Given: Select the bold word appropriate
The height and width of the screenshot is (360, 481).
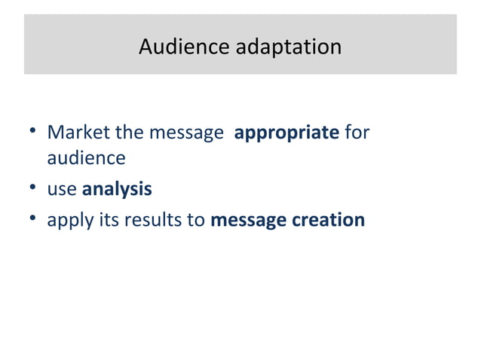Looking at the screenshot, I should (286, 134).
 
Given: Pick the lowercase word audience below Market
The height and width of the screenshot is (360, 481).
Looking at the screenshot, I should (86, 159).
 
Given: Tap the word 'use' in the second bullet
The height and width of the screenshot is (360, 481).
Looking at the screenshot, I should (62, 190).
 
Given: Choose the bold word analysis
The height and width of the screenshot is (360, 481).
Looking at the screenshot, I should (117, 190).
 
